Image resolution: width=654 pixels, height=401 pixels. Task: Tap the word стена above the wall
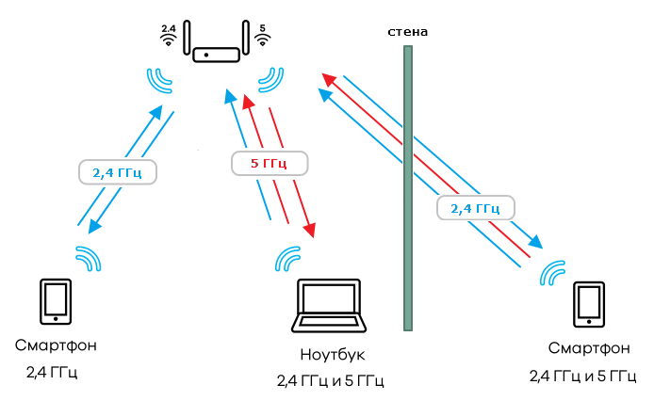(408, 31)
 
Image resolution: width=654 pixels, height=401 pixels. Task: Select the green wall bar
(408, 188)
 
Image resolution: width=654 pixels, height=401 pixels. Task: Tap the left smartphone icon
(55, 300)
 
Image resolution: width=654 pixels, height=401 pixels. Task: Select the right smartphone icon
(591, 303)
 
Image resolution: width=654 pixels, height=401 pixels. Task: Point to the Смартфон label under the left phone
(56, 345)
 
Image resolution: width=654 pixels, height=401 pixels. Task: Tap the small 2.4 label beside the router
(169, 29)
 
